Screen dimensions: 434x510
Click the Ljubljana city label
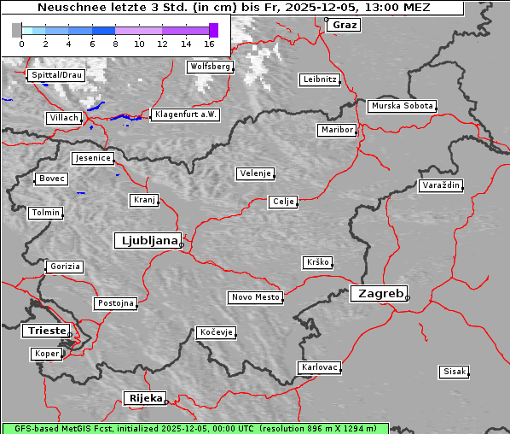146,241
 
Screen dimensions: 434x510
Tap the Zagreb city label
378,294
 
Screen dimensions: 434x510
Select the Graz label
345,25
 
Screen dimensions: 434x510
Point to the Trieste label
44,331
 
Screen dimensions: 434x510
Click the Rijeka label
144,398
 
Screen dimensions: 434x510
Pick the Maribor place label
336,130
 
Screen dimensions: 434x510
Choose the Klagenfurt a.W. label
185,114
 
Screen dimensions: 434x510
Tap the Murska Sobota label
402,107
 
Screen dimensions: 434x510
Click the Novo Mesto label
255,297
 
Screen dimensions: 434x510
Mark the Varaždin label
441,185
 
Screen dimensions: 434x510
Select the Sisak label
455,372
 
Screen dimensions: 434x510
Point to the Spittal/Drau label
55,75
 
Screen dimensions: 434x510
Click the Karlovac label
320,367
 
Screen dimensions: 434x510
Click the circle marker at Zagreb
408,298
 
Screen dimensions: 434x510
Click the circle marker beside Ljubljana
182,245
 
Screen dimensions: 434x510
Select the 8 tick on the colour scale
115,43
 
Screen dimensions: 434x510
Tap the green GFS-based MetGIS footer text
194,428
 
